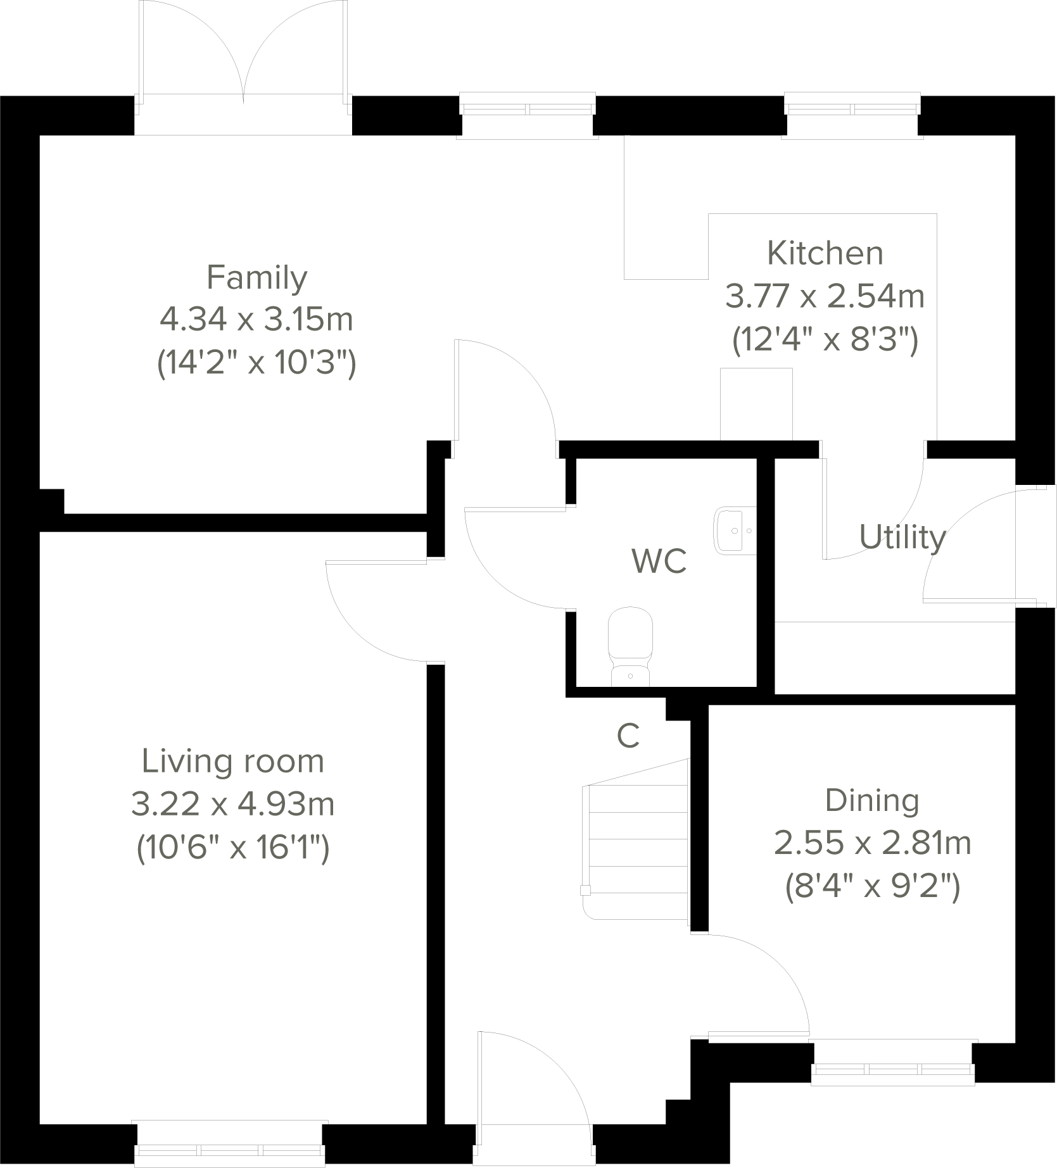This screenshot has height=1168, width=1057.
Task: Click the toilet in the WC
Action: click(x=630, y=646)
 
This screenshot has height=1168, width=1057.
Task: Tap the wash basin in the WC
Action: click(x=736, y=531)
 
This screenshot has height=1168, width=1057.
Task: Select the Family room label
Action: click(x=256, y=278)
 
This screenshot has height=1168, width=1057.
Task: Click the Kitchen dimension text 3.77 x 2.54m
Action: click(x=825, y=296)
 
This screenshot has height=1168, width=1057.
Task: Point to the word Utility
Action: click(x=902, y=537)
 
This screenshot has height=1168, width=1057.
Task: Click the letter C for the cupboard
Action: click(x=628, y=736)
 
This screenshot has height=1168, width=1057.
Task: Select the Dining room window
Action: click(x=894, y=1070)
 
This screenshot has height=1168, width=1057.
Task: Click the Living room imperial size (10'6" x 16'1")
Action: click(x=233, y=848)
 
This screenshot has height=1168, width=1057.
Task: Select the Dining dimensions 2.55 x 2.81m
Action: click(x=872, y=844)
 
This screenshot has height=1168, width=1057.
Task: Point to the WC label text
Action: click(x=659, y=561)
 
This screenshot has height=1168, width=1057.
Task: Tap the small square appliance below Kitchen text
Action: click(x=756, y=404)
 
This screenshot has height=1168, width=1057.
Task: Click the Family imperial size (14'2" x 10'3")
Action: click(x=256, y=364)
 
